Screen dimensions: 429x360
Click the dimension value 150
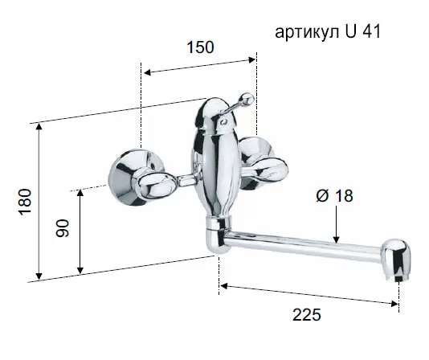tap(200, 47)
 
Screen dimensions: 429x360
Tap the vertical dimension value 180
tap(25, 202)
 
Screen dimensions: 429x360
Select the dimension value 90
tap(63, 228)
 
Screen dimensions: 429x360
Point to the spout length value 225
tap(307, 315)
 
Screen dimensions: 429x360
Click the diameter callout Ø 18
tap(335, 196)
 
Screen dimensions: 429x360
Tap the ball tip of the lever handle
tap(247, 99)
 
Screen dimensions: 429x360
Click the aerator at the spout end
tap(397, 260)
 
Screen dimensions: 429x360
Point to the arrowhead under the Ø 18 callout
tap(337, 239)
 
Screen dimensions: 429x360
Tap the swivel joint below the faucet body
tap(218, 234)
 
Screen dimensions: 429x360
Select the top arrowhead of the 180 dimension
tap(39, 128)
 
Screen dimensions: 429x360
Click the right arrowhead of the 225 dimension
tap(394, 304)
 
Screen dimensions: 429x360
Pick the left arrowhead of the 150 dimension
tap(149, 72)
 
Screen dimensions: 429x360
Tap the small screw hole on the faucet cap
tap(223, 121)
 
